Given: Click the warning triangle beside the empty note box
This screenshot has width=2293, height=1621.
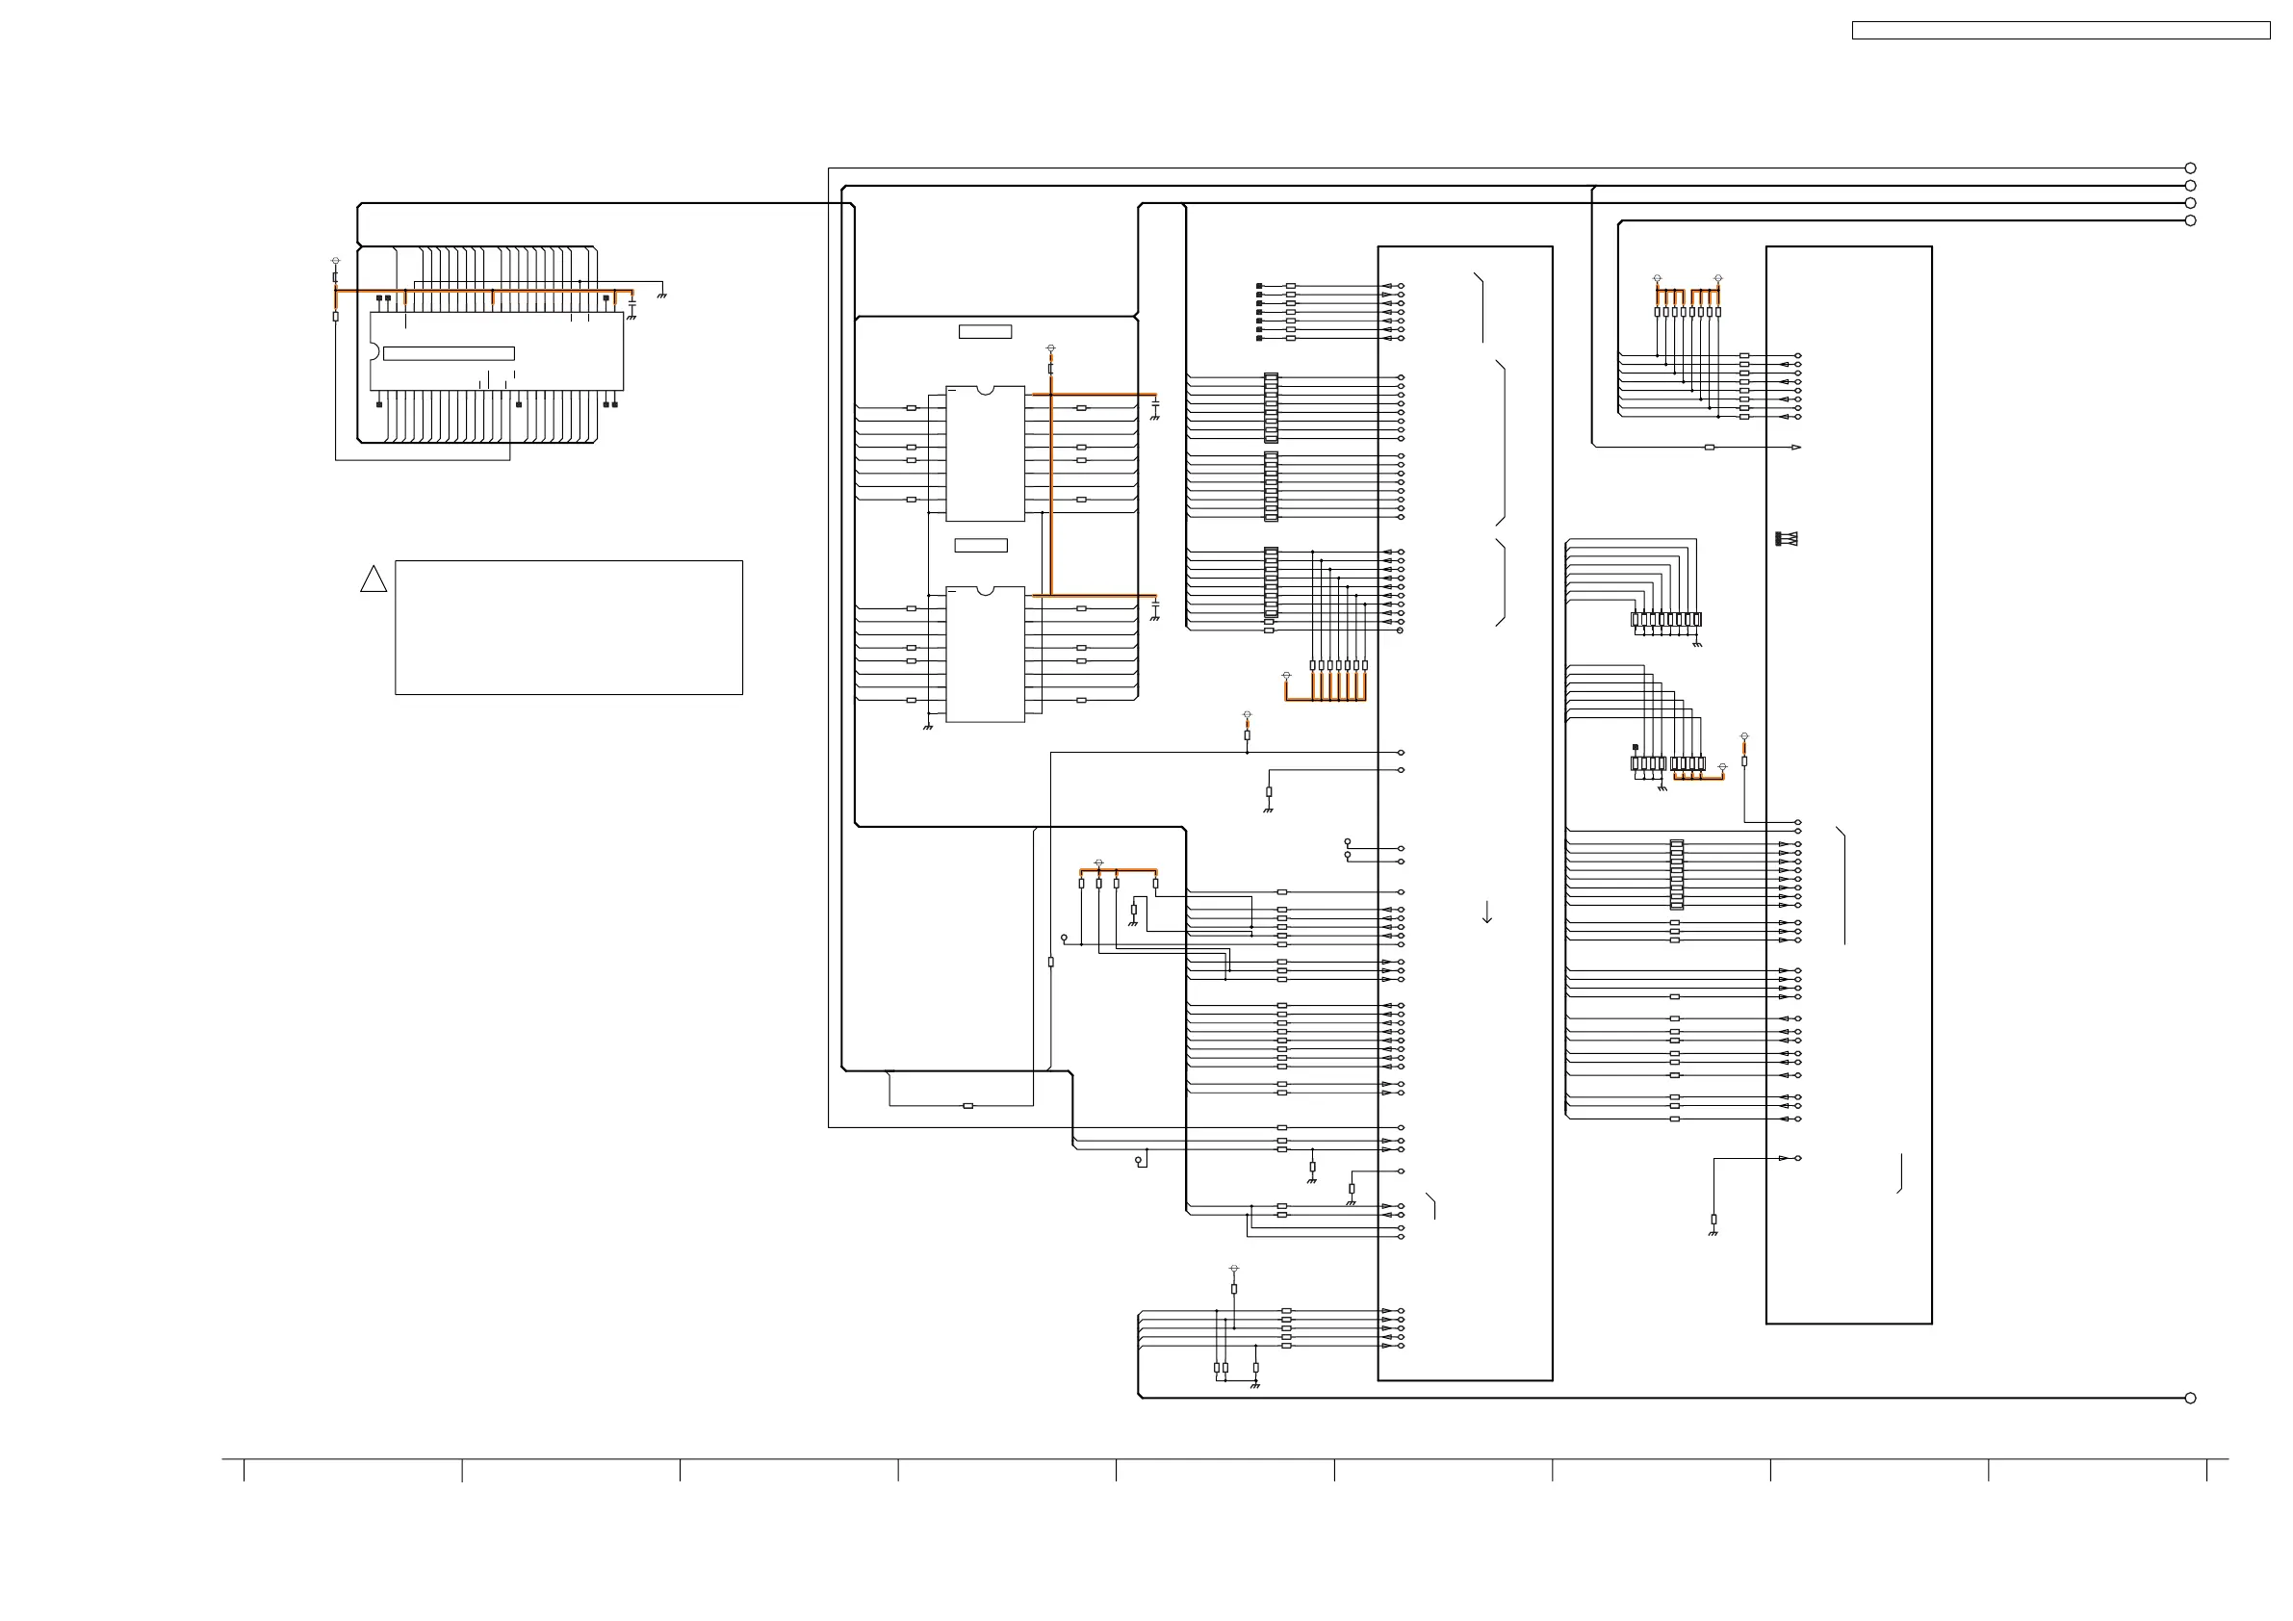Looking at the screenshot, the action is click(x=374, y=580).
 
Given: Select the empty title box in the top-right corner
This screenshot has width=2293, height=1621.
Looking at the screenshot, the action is click(x=2060, y=31).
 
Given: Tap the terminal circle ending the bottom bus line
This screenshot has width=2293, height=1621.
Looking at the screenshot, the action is click(x=2190, y=1399).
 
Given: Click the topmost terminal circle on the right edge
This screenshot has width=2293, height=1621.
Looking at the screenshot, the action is click(x=2190, y=167).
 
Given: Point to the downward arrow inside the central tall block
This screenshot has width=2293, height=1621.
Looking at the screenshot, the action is click(x=1487, y=913).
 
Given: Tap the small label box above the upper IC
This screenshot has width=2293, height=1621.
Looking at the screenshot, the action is click(x=985, y=331).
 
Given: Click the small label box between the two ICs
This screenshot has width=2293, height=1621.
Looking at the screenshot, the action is click(x=981, y=546).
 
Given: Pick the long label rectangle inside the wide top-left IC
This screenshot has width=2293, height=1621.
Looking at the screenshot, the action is click(x=449, y=353).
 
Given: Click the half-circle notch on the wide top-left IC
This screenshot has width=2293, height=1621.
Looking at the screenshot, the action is click(x=374, y=351).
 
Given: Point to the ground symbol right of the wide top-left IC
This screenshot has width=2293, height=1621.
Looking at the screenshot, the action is click(x=661, y=296).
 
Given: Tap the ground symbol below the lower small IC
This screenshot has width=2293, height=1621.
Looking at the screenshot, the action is click(x=928, y=727).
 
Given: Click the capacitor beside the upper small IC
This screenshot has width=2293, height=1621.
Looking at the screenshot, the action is click(x=1155, y=406).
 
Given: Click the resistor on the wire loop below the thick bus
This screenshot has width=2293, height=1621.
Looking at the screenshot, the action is click(x=967, y=1106).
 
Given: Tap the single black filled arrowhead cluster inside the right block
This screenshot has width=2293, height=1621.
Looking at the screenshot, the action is click(x=1786, y=539).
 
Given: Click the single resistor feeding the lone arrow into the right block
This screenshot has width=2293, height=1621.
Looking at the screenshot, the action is click(x=1710, y=448).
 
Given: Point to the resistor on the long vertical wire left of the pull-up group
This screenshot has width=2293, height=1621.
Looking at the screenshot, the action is click(x=1050, y=962).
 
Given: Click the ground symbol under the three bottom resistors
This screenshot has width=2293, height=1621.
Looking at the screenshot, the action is click(x=1255, y=1385).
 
